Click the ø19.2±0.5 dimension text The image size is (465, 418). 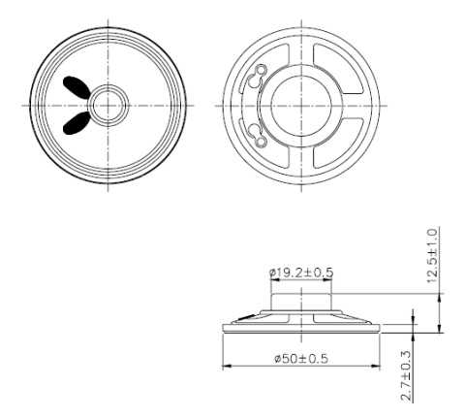coord(301,273)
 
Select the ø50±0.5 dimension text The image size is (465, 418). coord(300,358)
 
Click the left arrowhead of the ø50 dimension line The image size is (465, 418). coord(227,366)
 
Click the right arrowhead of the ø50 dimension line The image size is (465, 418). coord(376,366)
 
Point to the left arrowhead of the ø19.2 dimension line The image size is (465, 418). coord(273,281)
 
